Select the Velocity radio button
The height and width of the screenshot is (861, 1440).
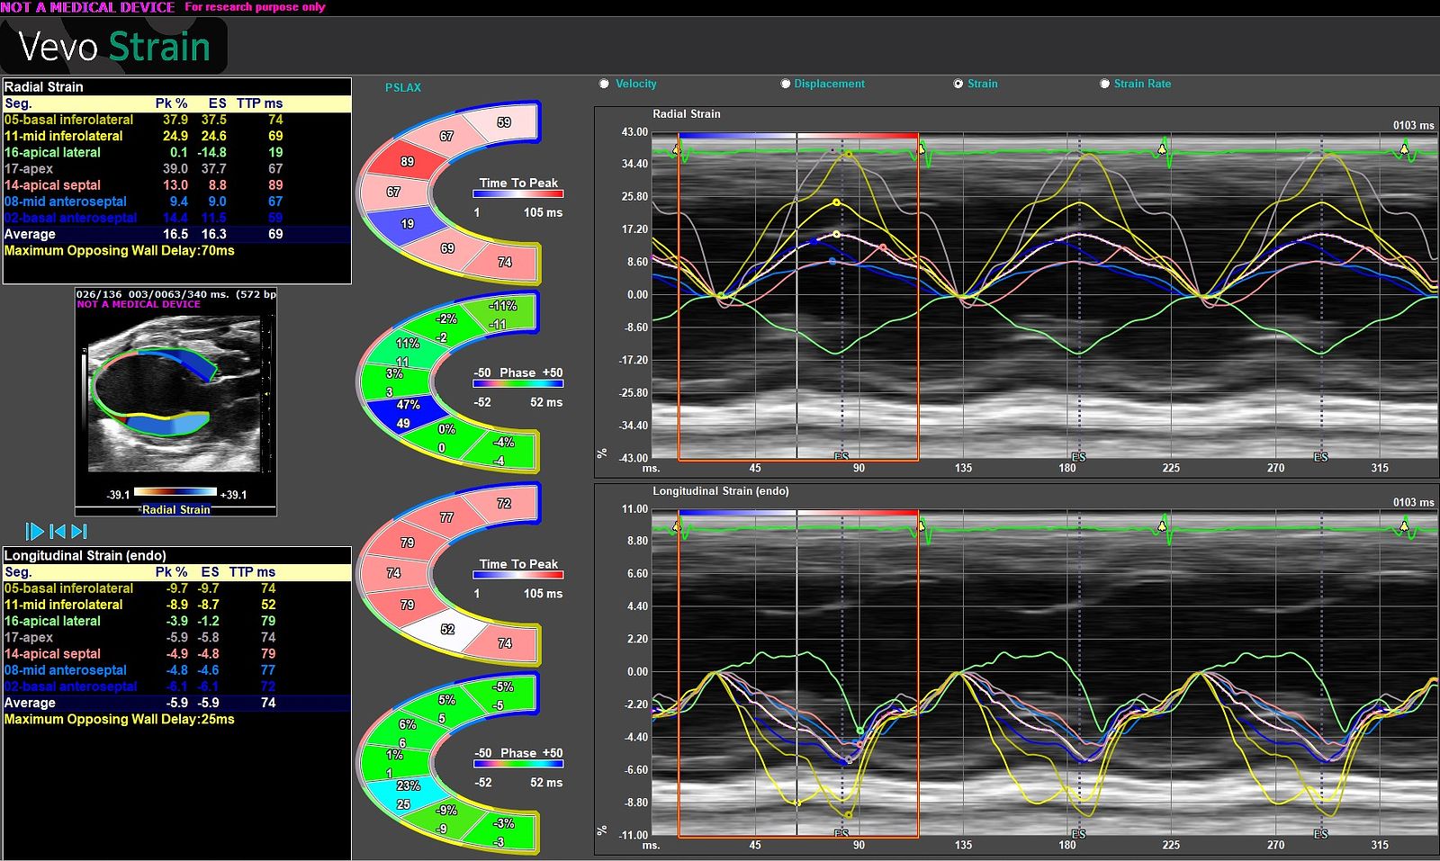(604, 84)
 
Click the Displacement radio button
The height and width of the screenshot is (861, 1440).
(786, 84)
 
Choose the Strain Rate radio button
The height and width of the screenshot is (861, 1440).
(1104, 84)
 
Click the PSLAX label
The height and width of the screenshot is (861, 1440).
(402, 87)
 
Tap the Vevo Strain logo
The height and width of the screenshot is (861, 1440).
(114, 47)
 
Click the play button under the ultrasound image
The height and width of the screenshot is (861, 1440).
(35, 532)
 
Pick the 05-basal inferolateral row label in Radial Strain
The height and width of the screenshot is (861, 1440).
(68, 120)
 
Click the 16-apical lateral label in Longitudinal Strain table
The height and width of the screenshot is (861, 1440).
(52, 621)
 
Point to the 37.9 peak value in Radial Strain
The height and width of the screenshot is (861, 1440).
(175, 120)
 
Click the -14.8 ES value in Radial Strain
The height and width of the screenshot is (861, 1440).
(212, 152)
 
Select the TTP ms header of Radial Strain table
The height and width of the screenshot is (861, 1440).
(259, 103)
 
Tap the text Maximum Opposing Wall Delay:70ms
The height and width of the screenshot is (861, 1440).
(119, 250)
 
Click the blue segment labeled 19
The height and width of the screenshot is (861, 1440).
(407, 223)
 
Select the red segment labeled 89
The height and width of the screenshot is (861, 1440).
(407, 161)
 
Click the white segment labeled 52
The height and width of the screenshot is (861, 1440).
(447, 630)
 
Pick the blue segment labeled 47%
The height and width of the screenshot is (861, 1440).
(407, 413)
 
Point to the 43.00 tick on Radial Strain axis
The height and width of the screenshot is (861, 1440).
(634, 132)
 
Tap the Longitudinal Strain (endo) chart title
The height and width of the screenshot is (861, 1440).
(720, 491)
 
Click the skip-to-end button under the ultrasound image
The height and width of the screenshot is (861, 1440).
(79, 532)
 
